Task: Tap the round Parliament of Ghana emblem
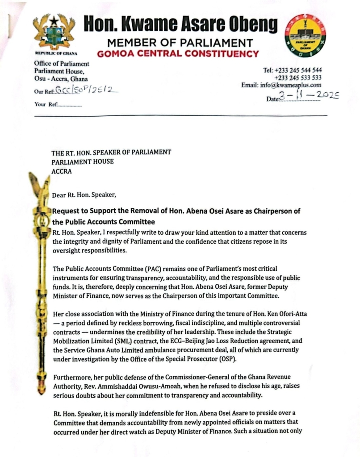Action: point(306,35)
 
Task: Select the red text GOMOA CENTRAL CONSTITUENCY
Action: point(177,54)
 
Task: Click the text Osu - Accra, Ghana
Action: point(61,78)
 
